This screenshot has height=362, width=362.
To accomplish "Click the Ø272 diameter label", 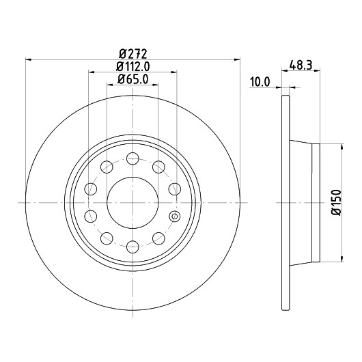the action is [133, 54].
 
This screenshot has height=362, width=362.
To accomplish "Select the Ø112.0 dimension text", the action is [133, 67].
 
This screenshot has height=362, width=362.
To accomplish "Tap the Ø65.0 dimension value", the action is [133, 79].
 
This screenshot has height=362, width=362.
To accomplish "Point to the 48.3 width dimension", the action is [301, 65].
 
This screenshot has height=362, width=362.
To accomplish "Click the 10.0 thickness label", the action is [260, 82].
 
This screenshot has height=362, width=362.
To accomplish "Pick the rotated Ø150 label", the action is [336, 203].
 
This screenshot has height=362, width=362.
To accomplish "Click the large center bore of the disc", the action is [133, 203].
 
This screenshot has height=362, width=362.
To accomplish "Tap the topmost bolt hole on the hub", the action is [133, 158].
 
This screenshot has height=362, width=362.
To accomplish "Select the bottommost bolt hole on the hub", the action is [133, 247].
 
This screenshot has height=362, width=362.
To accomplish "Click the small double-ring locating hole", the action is [175, 217].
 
